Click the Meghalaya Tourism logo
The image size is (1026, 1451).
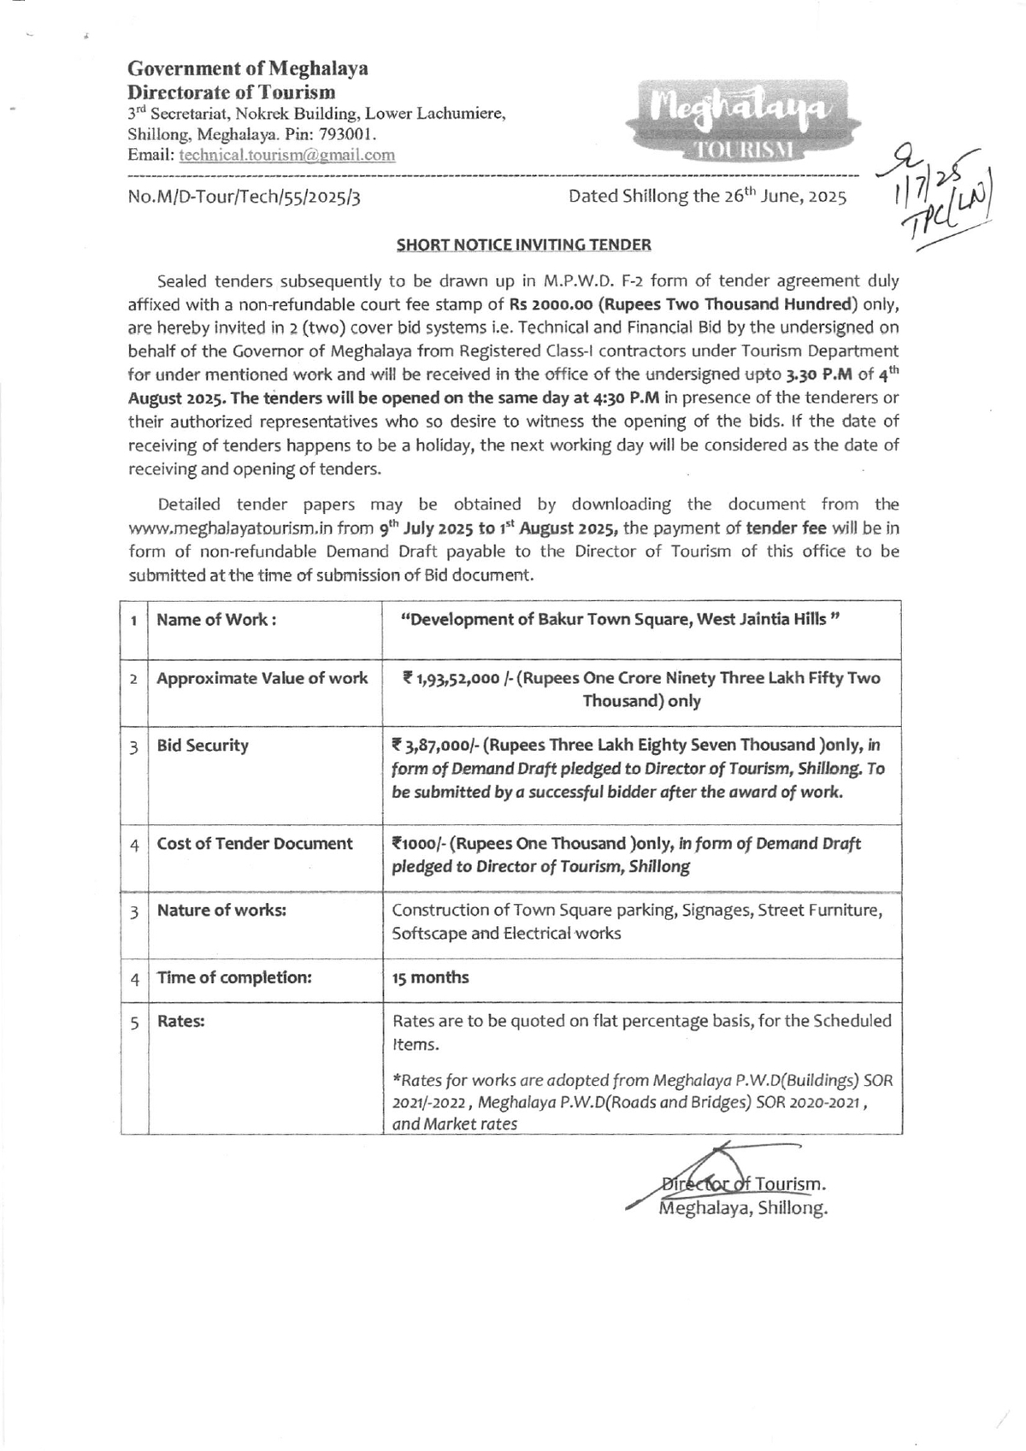point(740,121)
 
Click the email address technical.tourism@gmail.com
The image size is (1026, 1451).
point(286,155)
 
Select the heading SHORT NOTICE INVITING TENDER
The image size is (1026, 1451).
point(523,245)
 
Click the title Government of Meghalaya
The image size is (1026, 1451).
point(248,68)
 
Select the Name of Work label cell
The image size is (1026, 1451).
point(216,620)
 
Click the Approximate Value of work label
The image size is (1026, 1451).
point(262,678)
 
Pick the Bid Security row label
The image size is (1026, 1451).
point(203,745)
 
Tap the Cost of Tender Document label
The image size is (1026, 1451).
point(255,844)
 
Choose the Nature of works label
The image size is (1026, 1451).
point(221,911)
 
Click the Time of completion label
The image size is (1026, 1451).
point(234,977)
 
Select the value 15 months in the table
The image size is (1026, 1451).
point(430,977)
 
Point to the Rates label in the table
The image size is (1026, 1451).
point(180,1021)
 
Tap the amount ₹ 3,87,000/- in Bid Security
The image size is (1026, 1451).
point(439,745)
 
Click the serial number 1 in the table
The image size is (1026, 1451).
point(134,620)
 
